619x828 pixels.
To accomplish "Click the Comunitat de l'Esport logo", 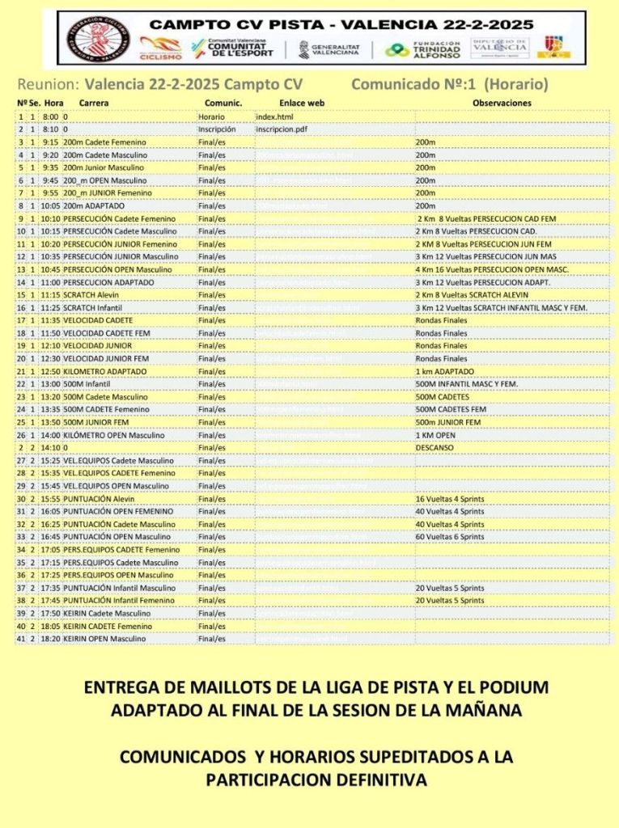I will pos(232,49).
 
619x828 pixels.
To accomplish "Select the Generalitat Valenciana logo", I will pos(329,49).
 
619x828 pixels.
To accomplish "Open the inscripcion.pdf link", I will pos(281,129).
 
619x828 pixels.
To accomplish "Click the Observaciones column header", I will pos(502,103).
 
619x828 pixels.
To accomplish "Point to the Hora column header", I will pos(54,103).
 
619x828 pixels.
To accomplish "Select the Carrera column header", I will pos(94,103).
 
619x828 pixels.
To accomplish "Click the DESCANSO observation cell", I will pos(435,448).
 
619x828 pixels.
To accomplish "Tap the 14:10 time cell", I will pos(50,448).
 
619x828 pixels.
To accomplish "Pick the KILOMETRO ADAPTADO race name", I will pos(105,371).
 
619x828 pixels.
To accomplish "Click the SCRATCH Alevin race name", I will pos(91,295).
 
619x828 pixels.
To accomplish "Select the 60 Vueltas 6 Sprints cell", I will pos(450,537).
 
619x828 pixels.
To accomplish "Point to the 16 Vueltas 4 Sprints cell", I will pos(450,499).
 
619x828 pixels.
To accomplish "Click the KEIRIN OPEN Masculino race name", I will pos(105,639).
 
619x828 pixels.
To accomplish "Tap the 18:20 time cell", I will pos(50,639).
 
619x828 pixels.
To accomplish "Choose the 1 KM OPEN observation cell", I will pos(435,435).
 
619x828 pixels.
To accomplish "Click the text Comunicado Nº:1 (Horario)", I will pos(450,84).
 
